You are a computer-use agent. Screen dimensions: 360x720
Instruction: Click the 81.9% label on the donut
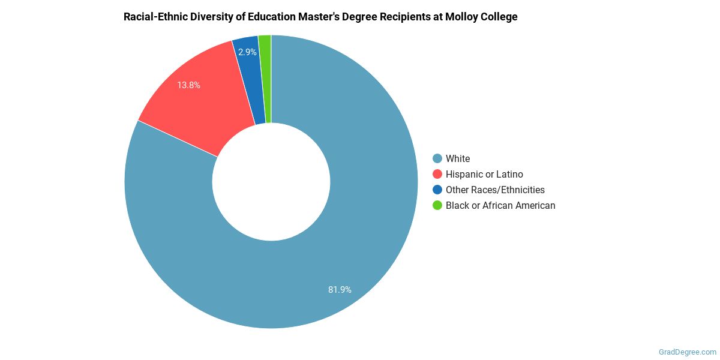coord(340,290)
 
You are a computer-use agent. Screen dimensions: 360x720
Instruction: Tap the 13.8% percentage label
coord(188,85)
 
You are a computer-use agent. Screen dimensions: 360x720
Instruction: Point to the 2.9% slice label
coord(247,52)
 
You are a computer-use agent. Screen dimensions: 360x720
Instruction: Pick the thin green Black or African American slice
coord(265,78)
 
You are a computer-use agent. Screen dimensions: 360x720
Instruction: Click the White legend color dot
coord(437,158)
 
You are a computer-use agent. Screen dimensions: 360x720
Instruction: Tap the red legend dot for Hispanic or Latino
coord(437,174)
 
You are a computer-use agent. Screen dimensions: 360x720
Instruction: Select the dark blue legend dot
coord(437,190)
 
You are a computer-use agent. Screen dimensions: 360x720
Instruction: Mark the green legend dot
coord(437,205)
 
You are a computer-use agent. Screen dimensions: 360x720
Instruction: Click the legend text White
coord(458,158)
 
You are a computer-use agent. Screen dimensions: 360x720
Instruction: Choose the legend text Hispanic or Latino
coord(484,174)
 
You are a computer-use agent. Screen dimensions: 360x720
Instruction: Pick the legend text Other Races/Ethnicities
coord(495,190)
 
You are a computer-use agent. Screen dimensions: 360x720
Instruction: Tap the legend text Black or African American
coord(500,205)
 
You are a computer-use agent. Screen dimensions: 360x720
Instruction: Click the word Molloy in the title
coord(461,17)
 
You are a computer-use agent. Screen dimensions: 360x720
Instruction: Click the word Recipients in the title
coord(406,17)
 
